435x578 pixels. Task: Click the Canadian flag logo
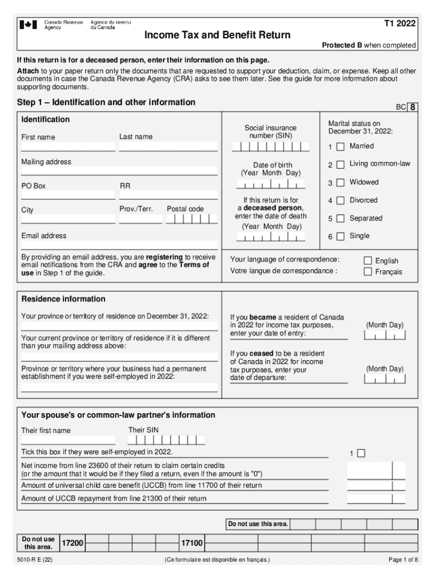coord(28,25)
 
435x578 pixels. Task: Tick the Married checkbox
coord(340,147)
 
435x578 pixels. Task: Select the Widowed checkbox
coord(340,183)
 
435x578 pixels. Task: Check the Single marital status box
coord(340,237)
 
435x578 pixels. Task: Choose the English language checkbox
coord(368,261)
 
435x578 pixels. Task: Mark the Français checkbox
coord(368,272)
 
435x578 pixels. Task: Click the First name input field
coord(68,146)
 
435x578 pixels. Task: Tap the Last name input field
coord(168,146)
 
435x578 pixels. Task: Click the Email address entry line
coord(119,245)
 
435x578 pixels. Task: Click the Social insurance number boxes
coord(271,147)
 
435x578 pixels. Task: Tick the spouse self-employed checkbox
coord(362,453)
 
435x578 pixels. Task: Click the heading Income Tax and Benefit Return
coord(217,35)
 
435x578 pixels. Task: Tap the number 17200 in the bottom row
coord(72,543)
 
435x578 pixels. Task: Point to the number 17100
coord(192,543)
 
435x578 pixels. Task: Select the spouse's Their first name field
coord(68,440)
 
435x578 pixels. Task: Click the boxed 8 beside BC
coord(414,107)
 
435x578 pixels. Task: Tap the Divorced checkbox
coord(340,201)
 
